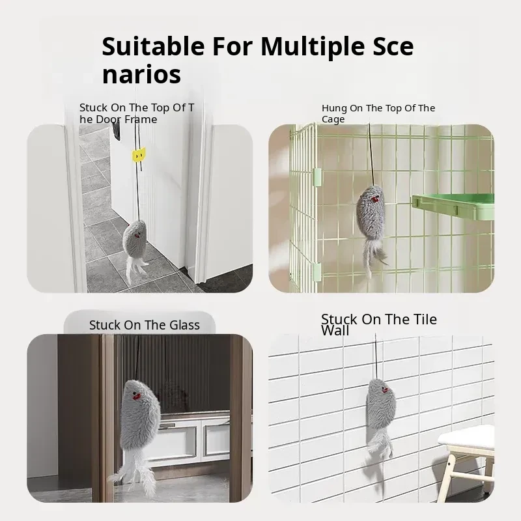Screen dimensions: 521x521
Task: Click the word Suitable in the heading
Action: coord(153,46)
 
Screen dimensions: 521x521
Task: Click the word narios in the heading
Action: coord(141,75)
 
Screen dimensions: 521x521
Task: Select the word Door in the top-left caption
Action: coord(107,119)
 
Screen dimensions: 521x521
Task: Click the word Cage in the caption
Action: coord(333,119)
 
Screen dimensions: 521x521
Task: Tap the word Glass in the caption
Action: coord(184,325)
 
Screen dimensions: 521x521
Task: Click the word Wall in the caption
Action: coord(335,331)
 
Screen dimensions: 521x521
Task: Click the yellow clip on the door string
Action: coord(139,155)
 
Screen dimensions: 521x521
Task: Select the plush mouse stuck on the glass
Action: coord(135,429)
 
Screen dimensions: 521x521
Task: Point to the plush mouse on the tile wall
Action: coord(381,419)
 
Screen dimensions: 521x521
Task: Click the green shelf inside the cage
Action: coord(453,206)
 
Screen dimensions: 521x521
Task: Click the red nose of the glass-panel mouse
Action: coord(137,396)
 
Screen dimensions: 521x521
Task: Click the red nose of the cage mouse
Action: coord(375,200)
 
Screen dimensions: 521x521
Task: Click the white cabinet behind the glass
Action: coord(193,435)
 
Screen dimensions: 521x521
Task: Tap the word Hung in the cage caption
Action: coord(334,108)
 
